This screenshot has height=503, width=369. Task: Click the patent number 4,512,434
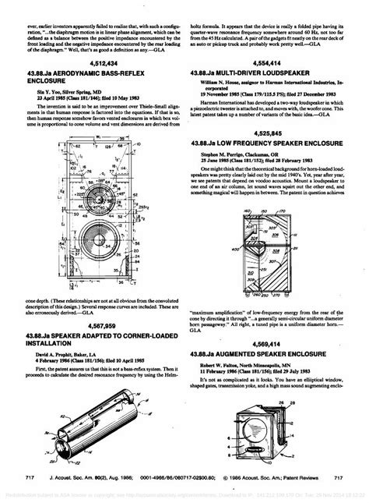click(96, 62)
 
